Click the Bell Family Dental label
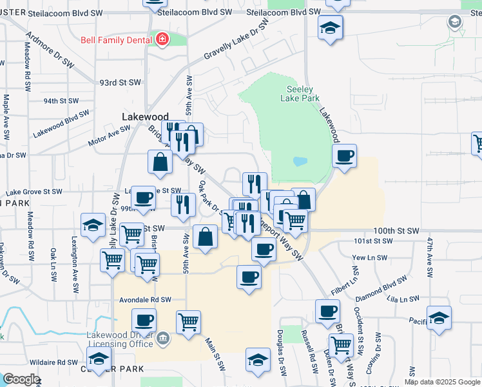pos(117,40)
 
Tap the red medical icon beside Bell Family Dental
pos(162,40)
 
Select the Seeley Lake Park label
pos(300,94)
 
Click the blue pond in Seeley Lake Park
pos(300,161)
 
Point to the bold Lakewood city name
pos(145,117)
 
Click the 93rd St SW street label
pos(120,83)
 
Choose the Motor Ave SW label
pos(110,132)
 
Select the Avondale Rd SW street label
pos(145,300)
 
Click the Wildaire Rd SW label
pos(60,362)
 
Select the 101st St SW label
pos(373,241)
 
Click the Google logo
pos(21,379)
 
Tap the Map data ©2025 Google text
pos(441,382)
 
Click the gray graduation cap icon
pos(455,21)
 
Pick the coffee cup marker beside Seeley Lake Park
pos(345,155)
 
